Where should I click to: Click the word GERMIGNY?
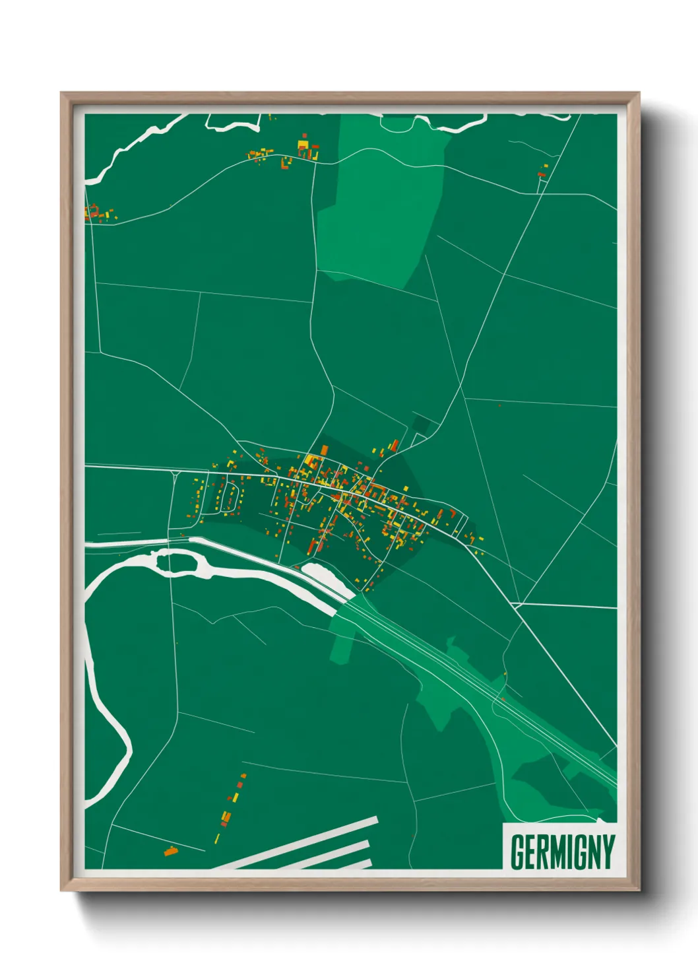point(562,852)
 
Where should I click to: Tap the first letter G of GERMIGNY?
point(518,852)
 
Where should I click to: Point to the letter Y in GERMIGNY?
point(608,852)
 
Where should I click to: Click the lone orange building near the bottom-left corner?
point(171,851)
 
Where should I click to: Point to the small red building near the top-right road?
point(542,174)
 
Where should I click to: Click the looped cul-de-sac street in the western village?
point(230,496)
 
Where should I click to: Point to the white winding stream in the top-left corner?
point(132,149)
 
